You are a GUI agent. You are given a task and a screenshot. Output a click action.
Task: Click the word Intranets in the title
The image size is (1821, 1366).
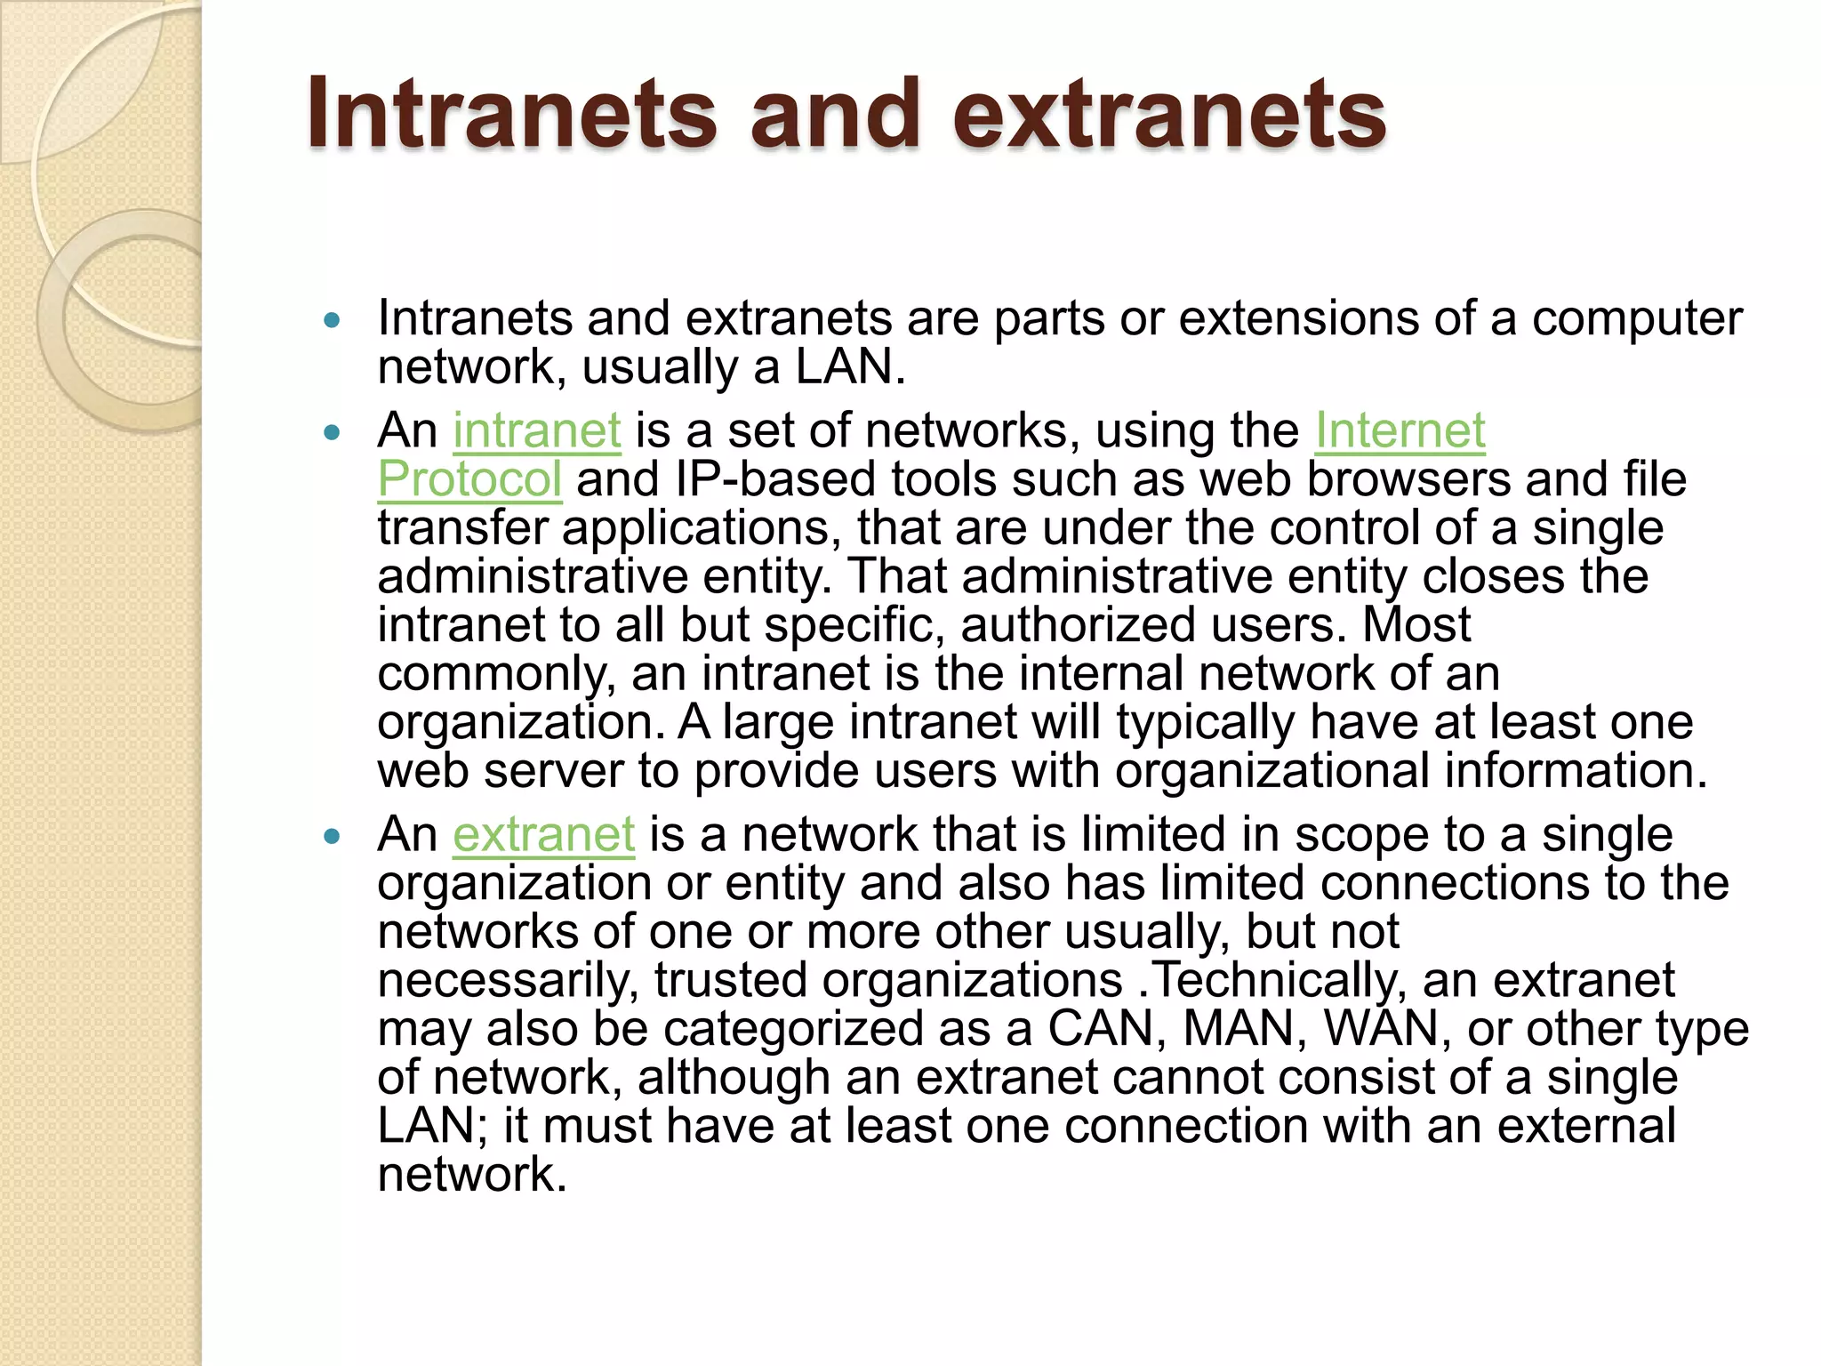click(x=511, y=114)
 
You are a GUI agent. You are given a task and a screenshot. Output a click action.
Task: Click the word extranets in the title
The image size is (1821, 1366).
click(x=1169, y=114)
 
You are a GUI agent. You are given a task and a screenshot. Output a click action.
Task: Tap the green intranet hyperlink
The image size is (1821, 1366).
click(x=536, y=430)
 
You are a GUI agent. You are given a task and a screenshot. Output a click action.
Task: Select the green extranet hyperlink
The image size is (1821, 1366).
click(x=543, y=835)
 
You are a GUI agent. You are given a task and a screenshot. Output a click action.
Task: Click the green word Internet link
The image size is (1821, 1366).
click(x=1400, y=430)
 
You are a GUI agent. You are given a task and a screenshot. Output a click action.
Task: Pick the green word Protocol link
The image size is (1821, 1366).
click(x=469, y=479)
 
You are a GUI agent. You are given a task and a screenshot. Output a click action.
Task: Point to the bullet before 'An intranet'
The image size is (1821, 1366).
click(x=333, y=433)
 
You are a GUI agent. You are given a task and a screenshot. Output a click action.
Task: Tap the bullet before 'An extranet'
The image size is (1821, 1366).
click(x=333, y=837)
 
